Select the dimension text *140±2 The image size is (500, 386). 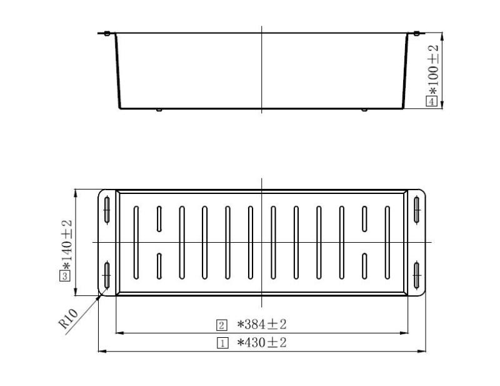point(66,244)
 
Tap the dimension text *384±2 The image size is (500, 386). point(261,324)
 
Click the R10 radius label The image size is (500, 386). point(67,319)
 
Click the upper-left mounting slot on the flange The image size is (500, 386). point(107,209)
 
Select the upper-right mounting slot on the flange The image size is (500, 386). point(416,209)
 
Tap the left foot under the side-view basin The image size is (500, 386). point(159,111)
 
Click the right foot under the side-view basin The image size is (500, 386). point(364,111)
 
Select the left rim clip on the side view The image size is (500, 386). point(107,33)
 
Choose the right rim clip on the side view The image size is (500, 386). point(416,33)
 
